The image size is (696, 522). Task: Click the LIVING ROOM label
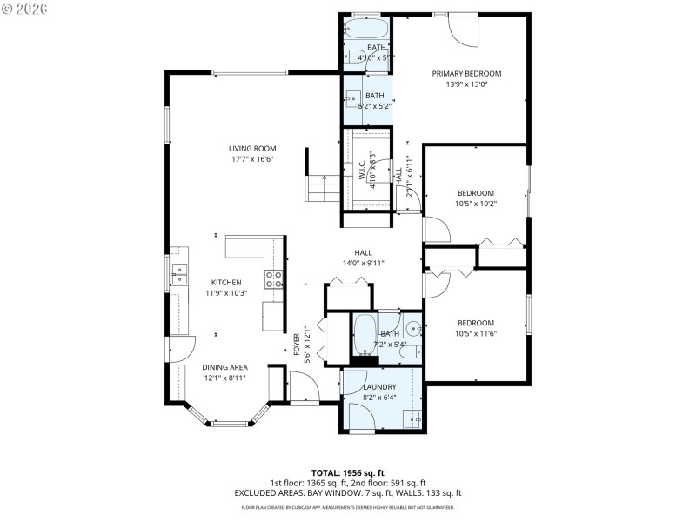(252, 149)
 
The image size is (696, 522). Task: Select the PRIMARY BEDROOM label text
(466, 73)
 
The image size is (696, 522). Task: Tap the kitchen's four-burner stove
(273, 278)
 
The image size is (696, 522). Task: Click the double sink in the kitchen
(179, 274)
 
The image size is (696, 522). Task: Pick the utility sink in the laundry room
(412, 418)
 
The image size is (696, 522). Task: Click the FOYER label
(297, 340)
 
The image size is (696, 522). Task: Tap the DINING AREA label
(224, 367)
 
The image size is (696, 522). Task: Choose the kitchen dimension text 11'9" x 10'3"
(225, 293)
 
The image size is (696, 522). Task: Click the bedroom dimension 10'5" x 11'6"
(476, 333)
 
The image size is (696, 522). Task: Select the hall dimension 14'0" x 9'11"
(363, 263)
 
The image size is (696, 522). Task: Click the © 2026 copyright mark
(25, 9)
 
